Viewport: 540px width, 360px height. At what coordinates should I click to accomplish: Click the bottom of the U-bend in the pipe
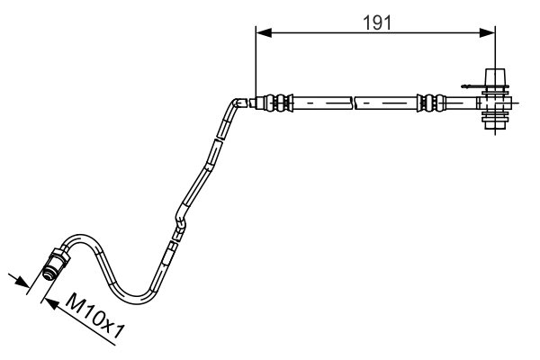(135, 298)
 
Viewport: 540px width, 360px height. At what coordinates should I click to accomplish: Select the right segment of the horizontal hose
(387, 103)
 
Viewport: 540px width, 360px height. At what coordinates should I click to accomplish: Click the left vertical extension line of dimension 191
(256, 63)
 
